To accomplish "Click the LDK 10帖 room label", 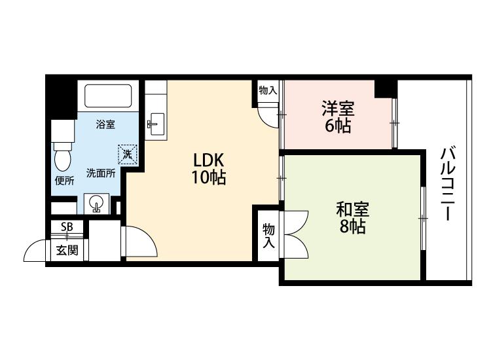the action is (209, 169).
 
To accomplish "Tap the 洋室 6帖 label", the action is (338, 117).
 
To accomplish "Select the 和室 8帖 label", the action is (353, 218).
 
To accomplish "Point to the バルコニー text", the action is (448, 184).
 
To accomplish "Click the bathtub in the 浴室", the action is (108, 96).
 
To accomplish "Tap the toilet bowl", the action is (63, 157).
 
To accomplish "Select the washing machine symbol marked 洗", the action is (128, 154).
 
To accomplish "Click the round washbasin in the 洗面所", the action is (96, 203).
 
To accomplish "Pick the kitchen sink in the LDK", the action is (157, 124).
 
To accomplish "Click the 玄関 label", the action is (67, 250).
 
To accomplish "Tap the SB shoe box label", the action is (67, 226).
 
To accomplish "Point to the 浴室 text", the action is (105, 124).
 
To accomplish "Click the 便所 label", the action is (65, 181).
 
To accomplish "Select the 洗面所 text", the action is (101, 173).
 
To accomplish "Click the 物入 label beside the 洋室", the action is (268, 91).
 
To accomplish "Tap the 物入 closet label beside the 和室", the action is (268, 236).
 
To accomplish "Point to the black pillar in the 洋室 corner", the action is (386, 89).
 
